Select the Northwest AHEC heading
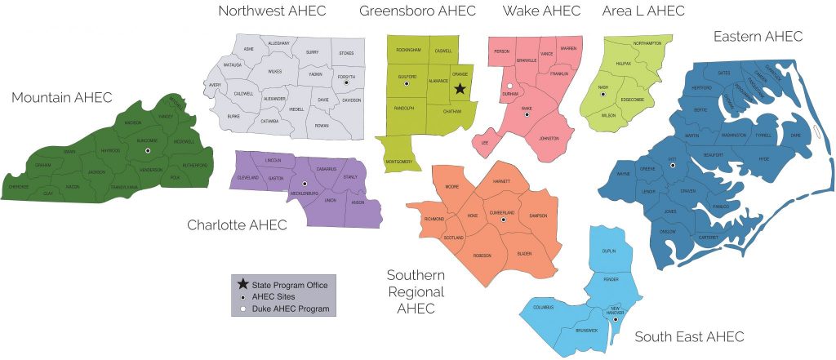click(x=272, y=11)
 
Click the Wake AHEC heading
click(x=541, y=11)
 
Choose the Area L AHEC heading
click(x=643, y=11)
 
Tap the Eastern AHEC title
click(x=758, y=36)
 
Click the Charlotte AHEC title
click(x=237, y=224)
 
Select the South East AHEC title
click(x=689, y=336)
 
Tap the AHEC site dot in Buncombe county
click(x=148, y=151)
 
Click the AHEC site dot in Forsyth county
click(x=347, y=82)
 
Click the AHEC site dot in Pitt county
click(x=674, y=166)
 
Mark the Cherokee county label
click(x=19, y=185)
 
